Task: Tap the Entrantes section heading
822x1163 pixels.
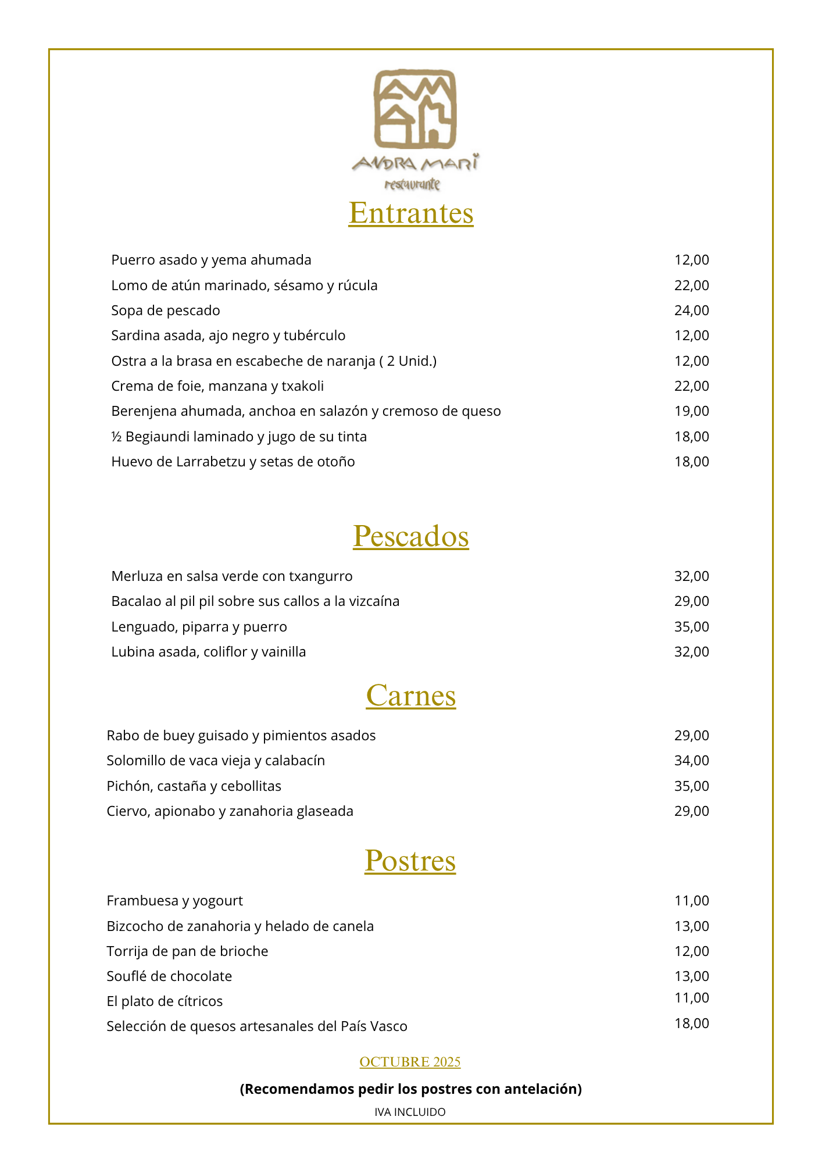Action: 411,213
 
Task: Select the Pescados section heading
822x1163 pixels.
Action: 411,536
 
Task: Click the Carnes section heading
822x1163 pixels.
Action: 411,695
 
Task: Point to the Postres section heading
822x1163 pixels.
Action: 410,861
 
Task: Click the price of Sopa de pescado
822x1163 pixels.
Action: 692,311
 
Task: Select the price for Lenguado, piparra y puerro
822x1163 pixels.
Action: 692,627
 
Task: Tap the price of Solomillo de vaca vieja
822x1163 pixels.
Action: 692,761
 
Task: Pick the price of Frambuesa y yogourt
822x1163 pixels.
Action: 692,901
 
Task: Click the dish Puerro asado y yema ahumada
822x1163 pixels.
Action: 211,260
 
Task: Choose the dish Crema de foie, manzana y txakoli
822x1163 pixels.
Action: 217,386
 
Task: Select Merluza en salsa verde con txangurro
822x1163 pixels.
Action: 232,576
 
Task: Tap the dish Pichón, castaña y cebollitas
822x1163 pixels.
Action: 194,786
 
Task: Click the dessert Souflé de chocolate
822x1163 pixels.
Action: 169,976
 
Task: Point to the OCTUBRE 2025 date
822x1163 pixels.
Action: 410,1062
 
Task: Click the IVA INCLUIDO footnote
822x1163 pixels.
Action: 410,1112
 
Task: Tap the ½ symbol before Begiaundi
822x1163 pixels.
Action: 116,437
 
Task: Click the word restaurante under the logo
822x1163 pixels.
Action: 412,185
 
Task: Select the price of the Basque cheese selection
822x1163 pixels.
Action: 692,1023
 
